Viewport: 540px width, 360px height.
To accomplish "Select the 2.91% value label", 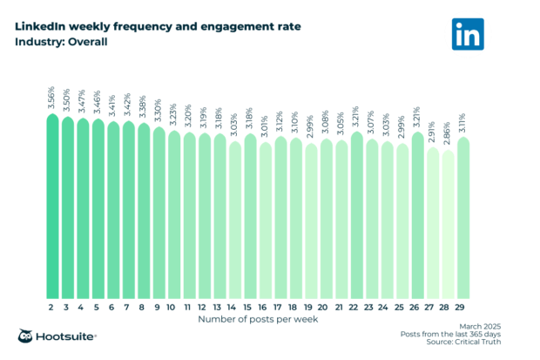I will click(433, 132).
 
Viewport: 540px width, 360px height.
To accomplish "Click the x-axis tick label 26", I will click(418, 308).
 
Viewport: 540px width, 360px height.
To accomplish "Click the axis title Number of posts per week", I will click(258, 320).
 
